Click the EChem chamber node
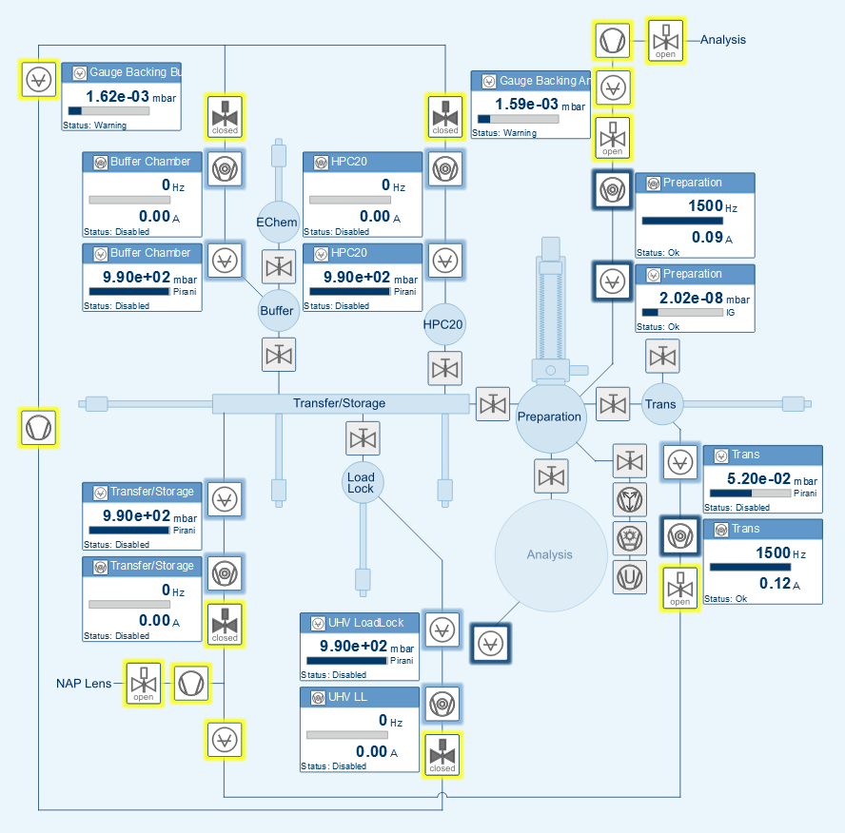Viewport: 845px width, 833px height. [x=277, y=222]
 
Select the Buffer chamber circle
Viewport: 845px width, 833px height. [x=277, y=310]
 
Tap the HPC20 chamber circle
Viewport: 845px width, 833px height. [x=443, y=324]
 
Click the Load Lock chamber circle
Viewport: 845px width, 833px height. [x=362, y=482]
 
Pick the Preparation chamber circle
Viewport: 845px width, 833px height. [x=549, y=416]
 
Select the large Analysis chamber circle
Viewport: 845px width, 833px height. [x=549, y=554]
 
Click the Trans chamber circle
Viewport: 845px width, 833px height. [x=660, y=404]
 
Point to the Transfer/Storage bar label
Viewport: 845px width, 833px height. [x=339, y=403]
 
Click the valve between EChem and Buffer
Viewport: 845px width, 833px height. [x=279, y=266]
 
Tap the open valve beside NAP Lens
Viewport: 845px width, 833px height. [x=144, y=684]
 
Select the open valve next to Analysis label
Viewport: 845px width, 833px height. [x=665, y=40]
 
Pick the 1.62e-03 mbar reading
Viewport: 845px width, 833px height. [x=117, y=96]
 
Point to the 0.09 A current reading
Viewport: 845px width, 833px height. [x=706, y=238]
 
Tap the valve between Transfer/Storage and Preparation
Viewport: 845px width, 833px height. [x=493, y=404]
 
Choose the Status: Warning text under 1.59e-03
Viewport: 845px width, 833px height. [x=504, y=133]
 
